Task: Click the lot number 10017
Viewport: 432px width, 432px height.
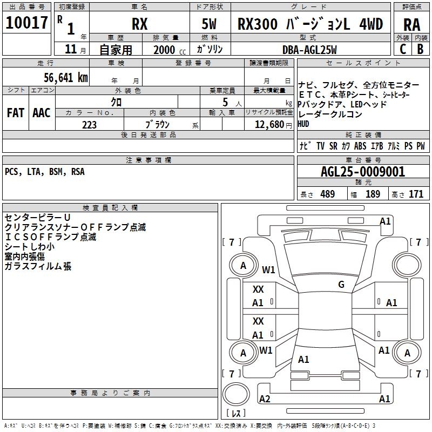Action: click(26, 23)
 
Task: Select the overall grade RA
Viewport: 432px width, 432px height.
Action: click(412, 24)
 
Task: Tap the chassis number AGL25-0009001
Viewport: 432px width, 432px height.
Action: click(362, 172)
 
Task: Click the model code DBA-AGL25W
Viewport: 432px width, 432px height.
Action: click(309, 50)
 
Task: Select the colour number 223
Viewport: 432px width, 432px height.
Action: click(89, 125)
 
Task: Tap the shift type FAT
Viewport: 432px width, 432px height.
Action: click(16, 113)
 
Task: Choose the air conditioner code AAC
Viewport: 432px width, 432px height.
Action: click(42, 113)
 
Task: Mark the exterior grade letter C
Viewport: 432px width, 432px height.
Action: click(402, 49)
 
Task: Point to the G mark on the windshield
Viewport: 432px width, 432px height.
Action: click(341, 285)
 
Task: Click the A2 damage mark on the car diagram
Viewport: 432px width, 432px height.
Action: click(265, 399)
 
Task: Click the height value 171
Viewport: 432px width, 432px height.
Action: click(416, 194)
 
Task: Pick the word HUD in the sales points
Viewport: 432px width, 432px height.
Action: click(305, 124)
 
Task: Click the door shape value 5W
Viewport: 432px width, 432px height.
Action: click(210, 24)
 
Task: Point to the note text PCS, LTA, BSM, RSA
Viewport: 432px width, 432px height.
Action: click(44, 172)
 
